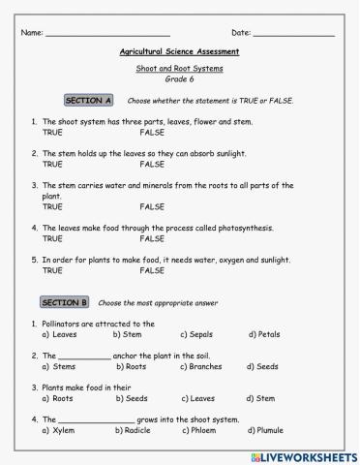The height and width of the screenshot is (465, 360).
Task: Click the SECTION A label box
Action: [89, 101]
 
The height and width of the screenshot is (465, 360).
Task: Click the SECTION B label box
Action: [66, 302]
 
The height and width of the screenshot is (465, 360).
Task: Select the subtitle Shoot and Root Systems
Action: [179, 70]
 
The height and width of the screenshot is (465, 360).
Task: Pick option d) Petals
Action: [264, 334]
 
